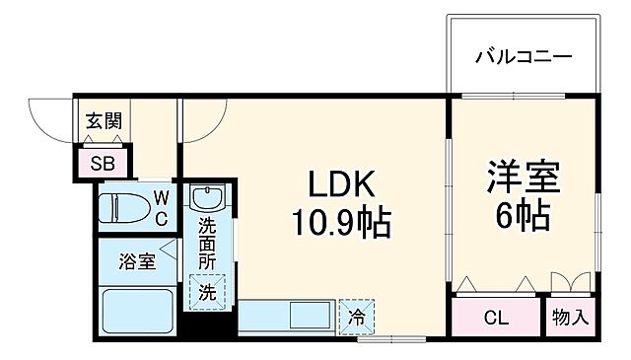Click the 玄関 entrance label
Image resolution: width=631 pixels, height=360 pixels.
103,121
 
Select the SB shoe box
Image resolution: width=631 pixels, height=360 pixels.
103,163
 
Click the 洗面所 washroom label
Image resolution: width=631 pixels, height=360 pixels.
207,243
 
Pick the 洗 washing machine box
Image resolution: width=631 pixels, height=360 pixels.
207,293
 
